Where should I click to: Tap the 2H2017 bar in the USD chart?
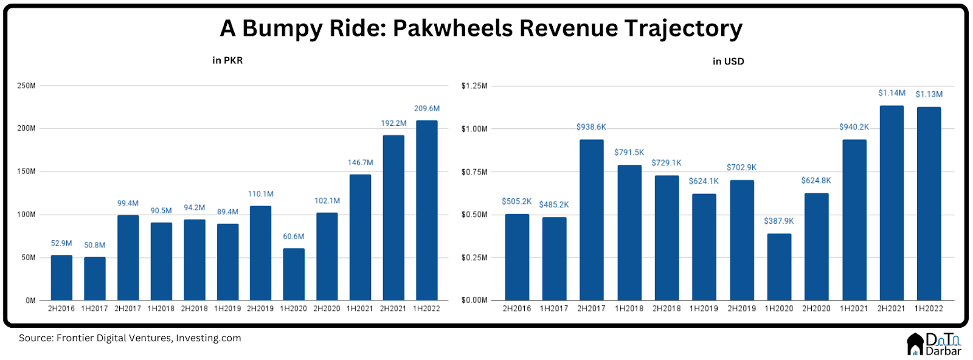(591, 220)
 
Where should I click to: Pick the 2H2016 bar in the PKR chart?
(61, 277)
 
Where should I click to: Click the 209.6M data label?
(426, 108)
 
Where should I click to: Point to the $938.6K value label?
(591, 127)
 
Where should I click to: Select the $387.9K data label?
(779, 221)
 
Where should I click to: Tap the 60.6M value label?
(294, 237)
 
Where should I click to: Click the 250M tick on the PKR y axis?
(26, 86)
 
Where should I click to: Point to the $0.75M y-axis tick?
(474, 172)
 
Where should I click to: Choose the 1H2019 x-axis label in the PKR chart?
(227, 308)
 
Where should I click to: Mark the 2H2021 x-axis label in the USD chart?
(891, 308)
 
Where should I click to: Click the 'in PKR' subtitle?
(227, 60)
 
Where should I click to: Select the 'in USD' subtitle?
(728, 61)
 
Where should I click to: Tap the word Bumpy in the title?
(282, 29)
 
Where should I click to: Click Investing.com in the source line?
(209, 338)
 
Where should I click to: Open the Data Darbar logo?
(934, 344)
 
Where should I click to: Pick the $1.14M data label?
(892, 93)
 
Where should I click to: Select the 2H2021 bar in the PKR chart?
(393, 217)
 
